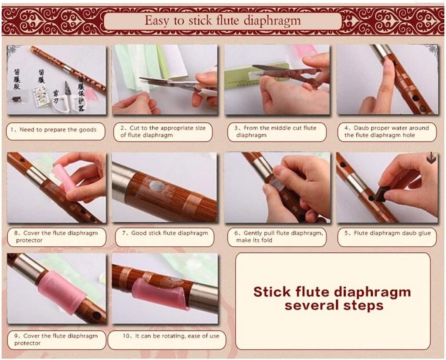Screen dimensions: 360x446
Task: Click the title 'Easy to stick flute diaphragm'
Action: pos(223,20)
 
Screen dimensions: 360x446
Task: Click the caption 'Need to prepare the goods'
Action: pos(55,130)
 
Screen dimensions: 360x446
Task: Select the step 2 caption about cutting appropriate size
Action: pos(163,131)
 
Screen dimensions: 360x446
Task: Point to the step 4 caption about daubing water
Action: pos(387,131)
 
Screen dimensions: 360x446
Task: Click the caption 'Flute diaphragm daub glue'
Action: pos(387,234)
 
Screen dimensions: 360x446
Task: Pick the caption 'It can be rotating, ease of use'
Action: pos(165,336)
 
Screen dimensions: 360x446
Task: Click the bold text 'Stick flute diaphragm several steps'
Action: pos(332,298)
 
